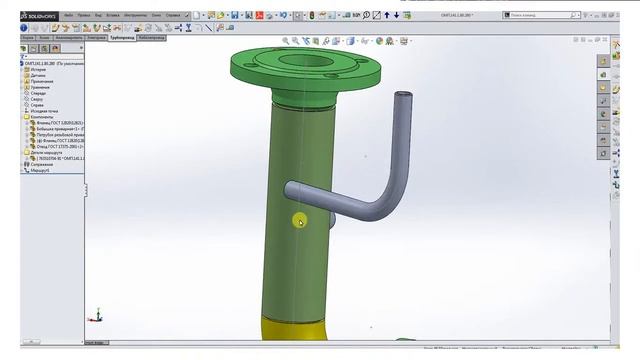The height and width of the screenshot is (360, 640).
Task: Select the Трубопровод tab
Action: click(121, 37)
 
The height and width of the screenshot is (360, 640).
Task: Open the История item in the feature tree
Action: click(38, 69)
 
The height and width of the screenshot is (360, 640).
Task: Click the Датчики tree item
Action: click(38, 75)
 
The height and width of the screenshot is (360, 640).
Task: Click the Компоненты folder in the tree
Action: click(42, 116)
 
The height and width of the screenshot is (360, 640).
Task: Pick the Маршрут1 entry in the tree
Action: click(40, 170)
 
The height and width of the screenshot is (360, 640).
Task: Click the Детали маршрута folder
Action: click(45, 152)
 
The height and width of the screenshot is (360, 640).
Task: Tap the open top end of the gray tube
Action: click(403, 97)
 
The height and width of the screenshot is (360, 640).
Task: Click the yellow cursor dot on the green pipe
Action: click(299, 221)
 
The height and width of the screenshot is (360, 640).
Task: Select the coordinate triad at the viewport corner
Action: click(95, 313)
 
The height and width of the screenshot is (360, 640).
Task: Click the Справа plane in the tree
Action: click(36, 104)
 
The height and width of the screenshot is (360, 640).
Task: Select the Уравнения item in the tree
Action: click(39, 87)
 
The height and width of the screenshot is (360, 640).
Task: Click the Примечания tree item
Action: click(41, 81)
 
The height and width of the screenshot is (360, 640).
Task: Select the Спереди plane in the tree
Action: click(37, 93)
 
